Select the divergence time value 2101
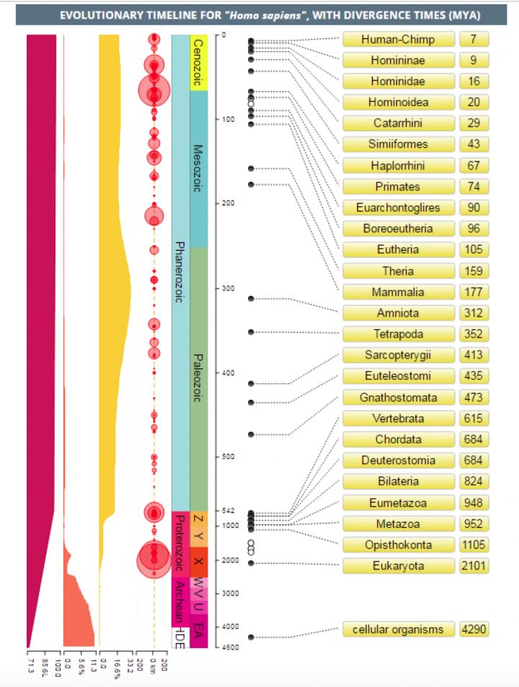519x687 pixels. pyautogui.click(x=474, y=566)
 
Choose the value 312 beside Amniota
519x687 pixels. pyautogui.click(x=474, y=314)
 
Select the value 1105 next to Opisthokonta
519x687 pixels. pyautogui.click(x=474, y=545)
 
